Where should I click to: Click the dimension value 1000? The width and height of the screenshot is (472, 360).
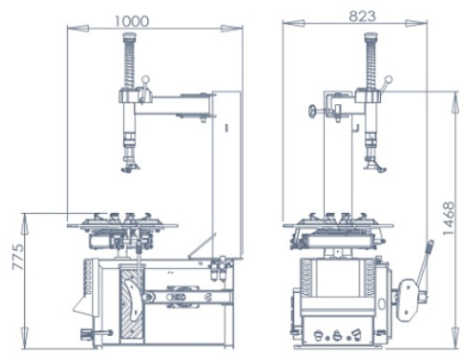pos(132,21)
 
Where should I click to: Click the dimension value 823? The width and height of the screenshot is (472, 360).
pos(362,16)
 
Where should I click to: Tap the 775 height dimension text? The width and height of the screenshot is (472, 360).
pos(18,257)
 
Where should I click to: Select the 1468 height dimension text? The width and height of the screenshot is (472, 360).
pos(449,219)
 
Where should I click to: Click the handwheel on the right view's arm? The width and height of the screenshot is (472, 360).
pos(313,111)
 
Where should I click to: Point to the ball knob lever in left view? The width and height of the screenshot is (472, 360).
pos(143,89)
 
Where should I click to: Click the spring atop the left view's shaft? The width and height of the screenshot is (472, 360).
pos(130,64)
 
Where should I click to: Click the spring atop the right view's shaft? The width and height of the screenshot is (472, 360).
pos(371,64)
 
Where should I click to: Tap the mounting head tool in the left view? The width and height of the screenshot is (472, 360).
pos(129,164)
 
